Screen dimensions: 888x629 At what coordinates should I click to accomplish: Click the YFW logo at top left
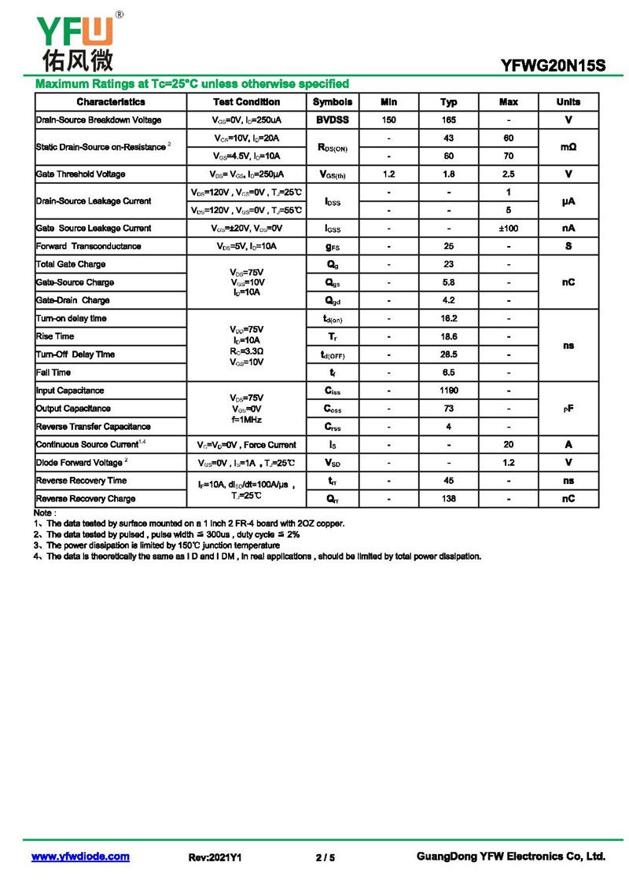(x=75, y=41)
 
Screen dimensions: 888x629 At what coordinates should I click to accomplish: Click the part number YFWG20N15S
(x=554, y=67)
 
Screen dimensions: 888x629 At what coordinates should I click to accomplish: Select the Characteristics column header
(x=111, y=102)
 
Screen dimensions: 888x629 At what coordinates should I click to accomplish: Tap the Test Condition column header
(x=246, y=102)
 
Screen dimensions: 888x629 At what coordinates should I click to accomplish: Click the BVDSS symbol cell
(x=333, y=120)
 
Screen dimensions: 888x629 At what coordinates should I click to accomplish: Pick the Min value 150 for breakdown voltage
(x=388, y=120)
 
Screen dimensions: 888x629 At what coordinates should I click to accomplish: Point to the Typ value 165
(x=448, y=120)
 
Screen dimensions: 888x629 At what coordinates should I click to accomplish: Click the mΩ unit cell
(x=568, y=147)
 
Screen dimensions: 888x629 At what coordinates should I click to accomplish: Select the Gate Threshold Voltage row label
(x=80, y=174)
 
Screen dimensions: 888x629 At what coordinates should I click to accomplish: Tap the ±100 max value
(x=508, y=229)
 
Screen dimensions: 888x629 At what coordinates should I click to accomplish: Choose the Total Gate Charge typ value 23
(x=448, y=265)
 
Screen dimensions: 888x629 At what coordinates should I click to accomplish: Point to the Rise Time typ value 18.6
(x=448, y=336)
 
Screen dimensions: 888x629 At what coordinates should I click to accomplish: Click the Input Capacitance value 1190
(x=448, y=391)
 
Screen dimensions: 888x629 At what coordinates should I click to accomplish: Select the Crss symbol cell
(x=333, y=427)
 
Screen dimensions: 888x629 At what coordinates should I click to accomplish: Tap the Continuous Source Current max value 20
(x=508, y=445)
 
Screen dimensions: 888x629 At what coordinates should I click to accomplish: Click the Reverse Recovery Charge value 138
(x=448, y=499)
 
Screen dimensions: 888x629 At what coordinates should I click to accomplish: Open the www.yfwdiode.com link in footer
(x=80, y=857)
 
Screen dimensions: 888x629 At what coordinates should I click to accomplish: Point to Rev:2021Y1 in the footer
(x=215, y=857)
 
